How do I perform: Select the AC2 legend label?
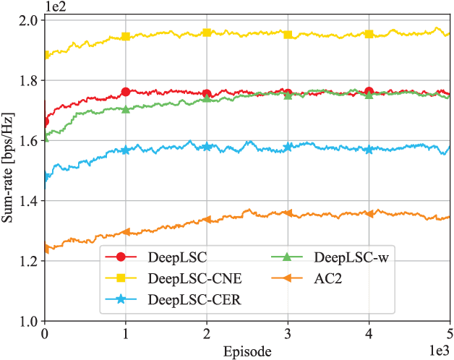tap(331, 278)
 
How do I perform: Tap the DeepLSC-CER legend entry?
tap(192, 300)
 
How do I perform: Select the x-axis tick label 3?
tap(288, 334)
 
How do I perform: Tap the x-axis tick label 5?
tap(450, 334)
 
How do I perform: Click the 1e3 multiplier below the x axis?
tap(439, 351)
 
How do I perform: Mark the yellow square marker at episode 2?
tap(207, 33)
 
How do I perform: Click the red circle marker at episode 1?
tap(126, 92)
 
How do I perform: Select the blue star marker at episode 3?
tap(288, 147)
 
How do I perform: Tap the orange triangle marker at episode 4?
tap(369, 213)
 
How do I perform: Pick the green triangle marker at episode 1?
tap(126, 109)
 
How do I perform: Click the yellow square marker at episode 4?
tap(369, 34)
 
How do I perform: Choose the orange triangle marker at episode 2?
tap(207, 219)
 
